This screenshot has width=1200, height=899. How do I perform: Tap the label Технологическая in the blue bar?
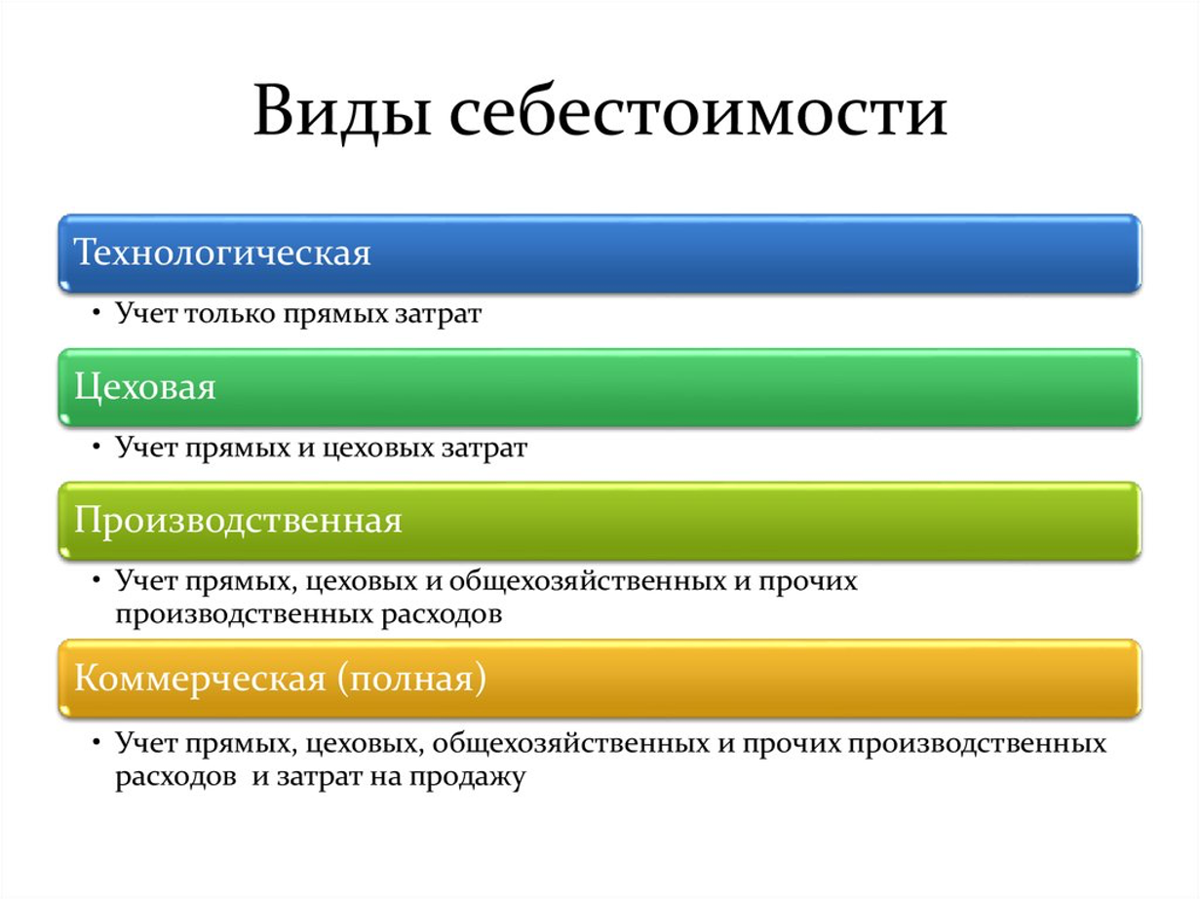222,253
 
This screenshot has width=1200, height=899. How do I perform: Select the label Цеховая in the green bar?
145,388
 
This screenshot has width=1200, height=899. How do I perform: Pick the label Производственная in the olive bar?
238,520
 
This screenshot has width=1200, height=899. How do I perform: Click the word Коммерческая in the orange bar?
200,679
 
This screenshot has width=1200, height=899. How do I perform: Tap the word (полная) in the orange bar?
411,680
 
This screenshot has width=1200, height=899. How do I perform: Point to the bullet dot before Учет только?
97,313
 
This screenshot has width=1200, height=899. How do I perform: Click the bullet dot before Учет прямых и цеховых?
97,447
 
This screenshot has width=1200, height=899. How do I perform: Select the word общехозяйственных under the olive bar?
588,581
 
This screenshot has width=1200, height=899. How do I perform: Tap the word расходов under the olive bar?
442,615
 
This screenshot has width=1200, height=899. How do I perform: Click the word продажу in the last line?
468,777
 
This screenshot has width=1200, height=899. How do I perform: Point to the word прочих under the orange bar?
791,744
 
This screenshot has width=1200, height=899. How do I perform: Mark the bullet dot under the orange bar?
97,743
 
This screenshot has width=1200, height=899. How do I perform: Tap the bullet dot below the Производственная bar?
97,581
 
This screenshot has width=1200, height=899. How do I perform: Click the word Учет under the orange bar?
146,743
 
